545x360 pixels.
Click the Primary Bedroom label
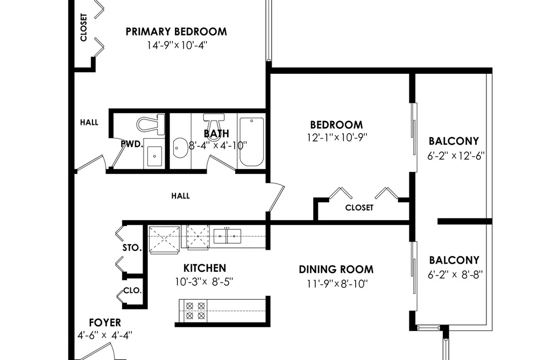(x=176, y=32)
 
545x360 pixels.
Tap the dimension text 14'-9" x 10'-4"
(x=177, y=45)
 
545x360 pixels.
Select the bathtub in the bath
(x=251, y=142)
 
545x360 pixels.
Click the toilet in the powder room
(x=151, y=124)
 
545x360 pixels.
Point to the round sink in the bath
(x=180, y=147)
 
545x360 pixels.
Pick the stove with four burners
(x=195, y=310)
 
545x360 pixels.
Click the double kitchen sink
(x=227, y=236)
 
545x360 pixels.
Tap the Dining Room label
(x=336, y=269)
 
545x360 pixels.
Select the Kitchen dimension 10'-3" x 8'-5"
(x=204, y=281)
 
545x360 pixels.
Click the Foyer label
(x=105, y=322)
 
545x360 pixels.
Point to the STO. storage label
(x=132, y=248)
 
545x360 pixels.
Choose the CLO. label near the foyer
(x=132, y=291)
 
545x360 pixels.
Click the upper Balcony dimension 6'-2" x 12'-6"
(x=456, y=156)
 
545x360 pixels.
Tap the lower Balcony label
(x=454, y=260)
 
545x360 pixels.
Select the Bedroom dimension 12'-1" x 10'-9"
(x=337, y=138)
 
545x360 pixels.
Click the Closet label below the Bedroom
(x=359, y=208)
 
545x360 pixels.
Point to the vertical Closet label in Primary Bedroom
(x=83, y=27)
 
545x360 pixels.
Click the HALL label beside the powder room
(x=89, y=122)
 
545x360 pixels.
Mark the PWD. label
(x=132, y=144)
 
